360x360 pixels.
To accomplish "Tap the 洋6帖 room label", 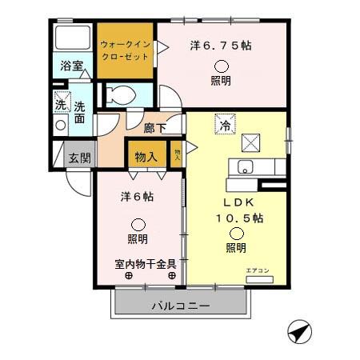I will [x=138, y=196].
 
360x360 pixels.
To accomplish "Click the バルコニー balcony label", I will [x=180, y=306].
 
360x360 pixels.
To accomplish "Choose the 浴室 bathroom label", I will [x=71, y=66].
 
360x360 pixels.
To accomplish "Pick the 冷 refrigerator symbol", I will [x=226, y=125].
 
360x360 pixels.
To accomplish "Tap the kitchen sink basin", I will [x=246, y=167].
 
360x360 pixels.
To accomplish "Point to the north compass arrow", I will [x=298, y=331].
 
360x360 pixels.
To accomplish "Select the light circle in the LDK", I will [x=236, y=233].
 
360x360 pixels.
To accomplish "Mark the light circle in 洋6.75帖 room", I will [x=220, y=65].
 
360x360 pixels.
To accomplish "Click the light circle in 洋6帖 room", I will [x=138, y=225].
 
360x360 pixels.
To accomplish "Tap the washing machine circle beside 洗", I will [x=61, y=125].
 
